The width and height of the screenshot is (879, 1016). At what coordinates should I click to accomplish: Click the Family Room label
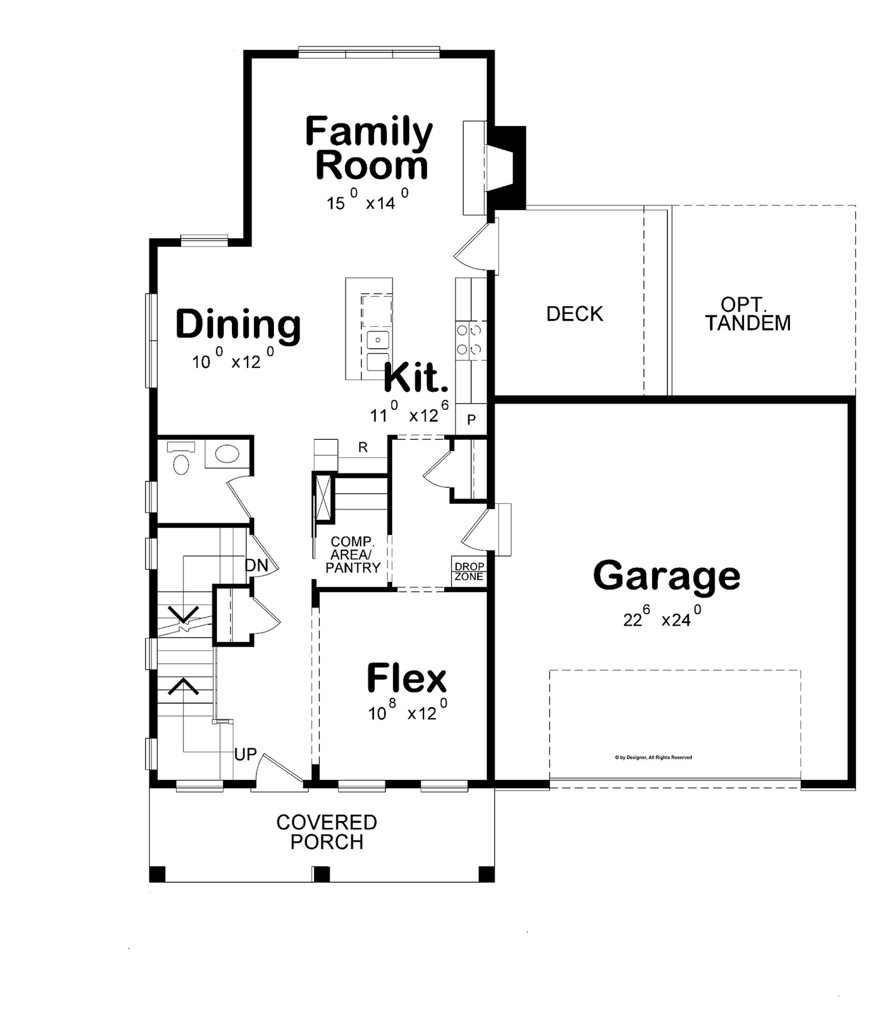point(369,148)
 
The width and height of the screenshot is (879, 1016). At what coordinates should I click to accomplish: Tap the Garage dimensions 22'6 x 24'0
point(662,616)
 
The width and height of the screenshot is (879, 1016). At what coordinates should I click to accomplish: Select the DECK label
point(575,314)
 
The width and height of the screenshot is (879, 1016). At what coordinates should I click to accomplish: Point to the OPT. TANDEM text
point(748,314)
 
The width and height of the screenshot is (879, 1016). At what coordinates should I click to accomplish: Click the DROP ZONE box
point(469,572)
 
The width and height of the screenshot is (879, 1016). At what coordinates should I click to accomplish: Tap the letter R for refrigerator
point(363,447)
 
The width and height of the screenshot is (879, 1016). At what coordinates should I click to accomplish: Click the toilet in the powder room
point(181,459)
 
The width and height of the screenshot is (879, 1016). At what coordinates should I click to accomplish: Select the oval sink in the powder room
point(227,454)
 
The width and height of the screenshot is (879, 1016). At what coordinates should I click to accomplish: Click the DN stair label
point(256,565)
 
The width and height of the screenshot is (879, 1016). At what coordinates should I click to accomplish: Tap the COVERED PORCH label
point(327,832)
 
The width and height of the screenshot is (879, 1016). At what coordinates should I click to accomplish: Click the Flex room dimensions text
point(408,711)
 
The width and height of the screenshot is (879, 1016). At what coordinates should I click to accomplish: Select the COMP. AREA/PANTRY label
point(353,555)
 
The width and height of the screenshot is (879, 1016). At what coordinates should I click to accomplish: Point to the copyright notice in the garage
point(654,758)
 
